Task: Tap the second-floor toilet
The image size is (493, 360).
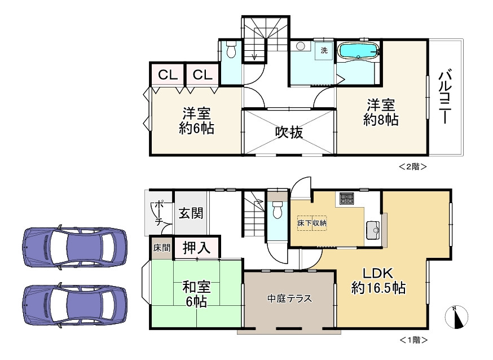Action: coord(231,49)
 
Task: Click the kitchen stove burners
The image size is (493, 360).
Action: coord(347,199)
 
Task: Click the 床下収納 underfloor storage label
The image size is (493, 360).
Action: coord(312,223)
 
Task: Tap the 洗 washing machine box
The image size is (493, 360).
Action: coord(324,50)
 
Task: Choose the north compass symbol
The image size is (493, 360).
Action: coord(456,317)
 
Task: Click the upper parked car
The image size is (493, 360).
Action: coord(75,246)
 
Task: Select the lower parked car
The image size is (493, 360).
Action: coord(75,304)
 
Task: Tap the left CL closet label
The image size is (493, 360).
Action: coord(168,75)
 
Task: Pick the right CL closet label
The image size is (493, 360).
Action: coord(203,75)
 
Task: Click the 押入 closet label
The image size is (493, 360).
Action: coord(196,248)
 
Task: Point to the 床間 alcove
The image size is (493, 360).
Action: coord(162,248)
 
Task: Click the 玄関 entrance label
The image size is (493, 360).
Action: coord(191,213)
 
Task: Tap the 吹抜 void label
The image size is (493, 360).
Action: coord(289,133)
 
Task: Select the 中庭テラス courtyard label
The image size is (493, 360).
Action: coord(289,298)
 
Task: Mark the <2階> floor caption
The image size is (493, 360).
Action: coord(413,166)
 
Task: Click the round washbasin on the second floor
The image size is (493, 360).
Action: coord(301,46)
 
